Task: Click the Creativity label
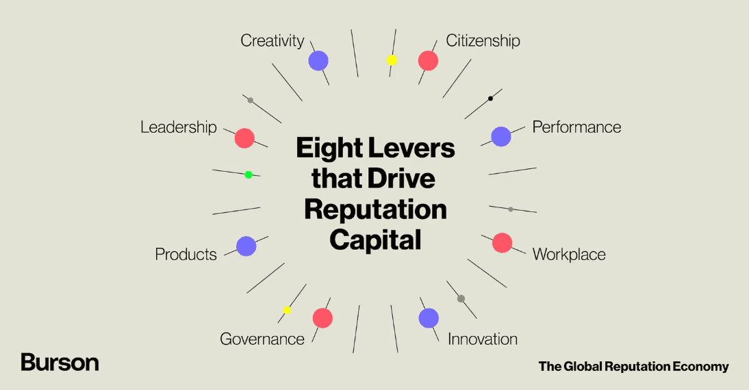click(x=272, y=41)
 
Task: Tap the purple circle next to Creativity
click(x=318, y=61)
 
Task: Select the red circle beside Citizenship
click(x=428, y=61)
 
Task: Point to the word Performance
click(x=576, y=127)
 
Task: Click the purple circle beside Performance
click(x=501, y=137)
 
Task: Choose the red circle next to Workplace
click(x=502, y=243)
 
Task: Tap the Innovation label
click(x=483, y=339)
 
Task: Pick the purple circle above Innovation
click(x=429, y=318)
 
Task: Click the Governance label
click(x=262, y=339)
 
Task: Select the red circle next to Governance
click(x=322, y=318)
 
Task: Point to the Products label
click(x=186, y=254)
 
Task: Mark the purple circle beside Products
click(x=246, y=246)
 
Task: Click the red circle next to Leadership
click(x=244, y=138)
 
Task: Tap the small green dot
click(x=249, y=174)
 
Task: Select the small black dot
click(x=491, y=99)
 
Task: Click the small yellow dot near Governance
click(x=287, y=310)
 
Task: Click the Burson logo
click(x=60, y=363)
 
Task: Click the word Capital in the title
click(x=375, y=240)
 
